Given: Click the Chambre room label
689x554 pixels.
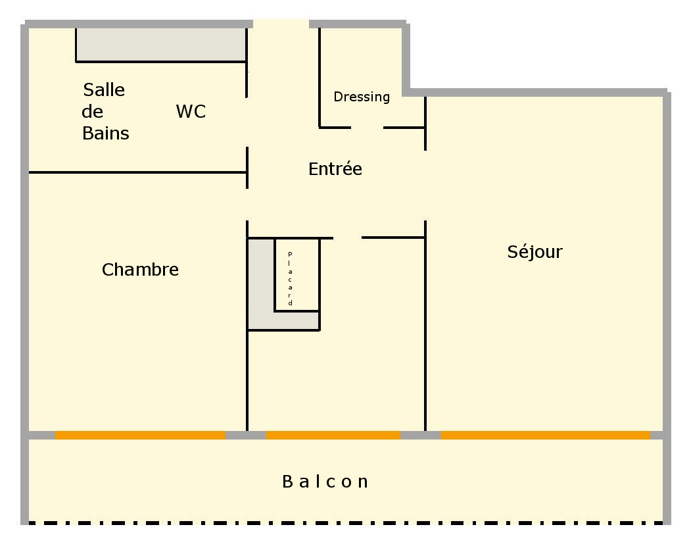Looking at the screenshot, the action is click(140, 270).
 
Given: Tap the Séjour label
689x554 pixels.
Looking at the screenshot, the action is click(535, 251).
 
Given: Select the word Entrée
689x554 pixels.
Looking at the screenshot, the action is click(335, 169).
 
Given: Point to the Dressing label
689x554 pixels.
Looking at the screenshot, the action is click(362, 97).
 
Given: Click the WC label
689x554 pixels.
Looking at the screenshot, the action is click(191, 111).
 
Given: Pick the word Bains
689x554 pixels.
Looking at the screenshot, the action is click(105, 133).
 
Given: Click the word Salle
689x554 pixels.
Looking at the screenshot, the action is click(104, 89).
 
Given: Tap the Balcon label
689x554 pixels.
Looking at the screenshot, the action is click(325, 482).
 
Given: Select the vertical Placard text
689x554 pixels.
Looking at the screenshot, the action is click(290, 279).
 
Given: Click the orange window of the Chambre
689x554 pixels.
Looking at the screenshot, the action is click(140, 436).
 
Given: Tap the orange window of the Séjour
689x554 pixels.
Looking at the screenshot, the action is click(545, 436).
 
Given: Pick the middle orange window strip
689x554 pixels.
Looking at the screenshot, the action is click(333, 436).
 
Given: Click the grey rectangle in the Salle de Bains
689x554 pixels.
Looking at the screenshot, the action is click(161, 44).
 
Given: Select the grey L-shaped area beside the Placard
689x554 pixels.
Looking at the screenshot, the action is click(262, 320).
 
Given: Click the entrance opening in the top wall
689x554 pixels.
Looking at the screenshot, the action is click(281, 24).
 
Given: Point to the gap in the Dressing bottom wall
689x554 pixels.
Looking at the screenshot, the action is click(368, 128).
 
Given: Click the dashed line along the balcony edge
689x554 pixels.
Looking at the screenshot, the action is click(346, 523).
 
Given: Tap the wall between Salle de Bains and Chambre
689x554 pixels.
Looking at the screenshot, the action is click(137, 172).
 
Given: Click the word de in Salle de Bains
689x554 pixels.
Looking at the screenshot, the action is click(92, 111).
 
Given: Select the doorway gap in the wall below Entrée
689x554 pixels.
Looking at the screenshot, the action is click(348, 238).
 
